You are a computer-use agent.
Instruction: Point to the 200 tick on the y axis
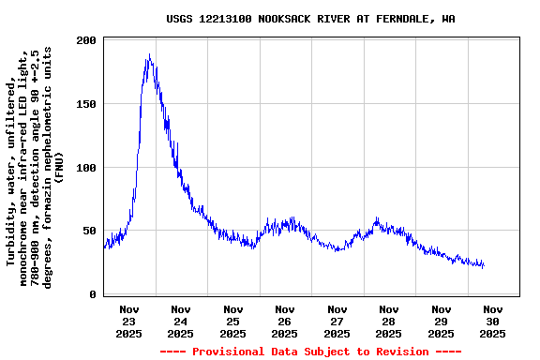click(86, 41)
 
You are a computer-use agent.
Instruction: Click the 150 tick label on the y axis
click(86, 105)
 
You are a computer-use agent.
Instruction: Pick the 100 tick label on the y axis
click(86, 168)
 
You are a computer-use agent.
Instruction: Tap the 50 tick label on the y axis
click(90, 232)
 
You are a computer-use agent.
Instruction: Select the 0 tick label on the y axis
click(93, 294)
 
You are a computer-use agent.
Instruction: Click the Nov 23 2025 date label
click(129, 321)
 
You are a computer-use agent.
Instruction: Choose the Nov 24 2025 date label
click(181, 321)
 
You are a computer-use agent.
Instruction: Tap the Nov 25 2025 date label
click(233, 321)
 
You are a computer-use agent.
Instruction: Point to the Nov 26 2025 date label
click(285, 321)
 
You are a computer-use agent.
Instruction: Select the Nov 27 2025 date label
click(337, 321)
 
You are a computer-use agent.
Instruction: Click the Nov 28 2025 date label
click(389, 321)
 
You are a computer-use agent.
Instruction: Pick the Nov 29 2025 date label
click(441, 321)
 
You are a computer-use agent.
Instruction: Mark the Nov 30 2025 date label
click(492, 321)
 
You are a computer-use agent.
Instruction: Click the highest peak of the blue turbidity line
click(149, 55)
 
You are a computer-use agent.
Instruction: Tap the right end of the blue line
click(484, 266)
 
